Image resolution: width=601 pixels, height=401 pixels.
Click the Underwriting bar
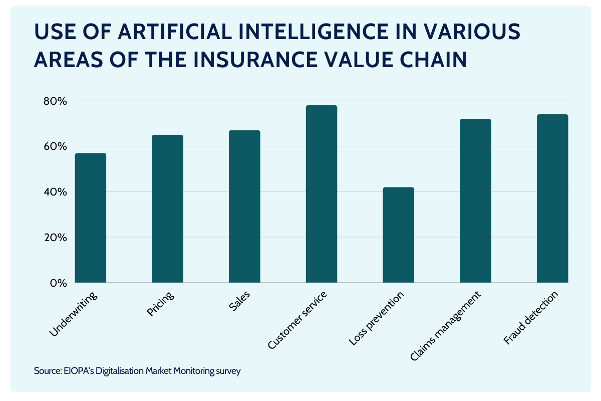tap(91, 218)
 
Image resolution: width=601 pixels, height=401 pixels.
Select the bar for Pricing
tap(168, 209)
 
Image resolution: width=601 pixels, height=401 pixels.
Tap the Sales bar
tap(244, 207)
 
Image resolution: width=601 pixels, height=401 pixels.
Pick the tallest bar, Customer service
tap(322, 194)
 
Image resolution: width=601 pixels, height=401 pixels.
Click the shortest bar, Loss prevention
tap(399, 235)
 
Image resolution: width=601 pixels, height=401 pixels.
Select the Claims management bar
tap(476, 201)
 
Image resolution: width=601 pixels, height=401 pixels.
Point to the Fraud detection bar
tap(552, 198)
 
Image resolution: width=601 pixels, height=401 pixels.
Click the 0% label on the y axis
tap(58, 283)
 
